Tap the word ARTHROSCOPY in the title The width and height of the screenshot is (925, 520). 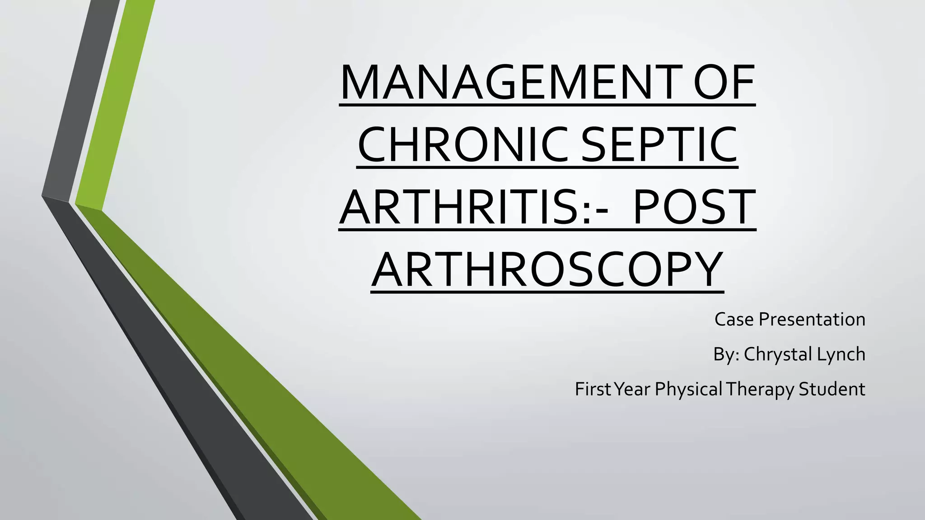click(547, 269)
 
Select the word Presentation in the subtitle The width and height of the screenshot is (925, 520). click(812, 320)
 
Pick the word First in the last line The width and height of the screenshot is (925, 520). click(592, 389)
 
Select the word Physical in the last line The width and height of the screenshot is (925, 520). click(688, 389)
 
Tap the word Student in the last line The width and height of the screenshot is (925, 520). click(832, 389)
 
